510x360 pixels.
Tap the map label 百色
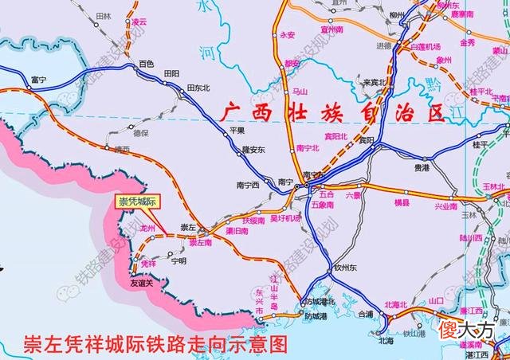146,63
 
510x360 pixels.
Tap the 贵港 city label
422,168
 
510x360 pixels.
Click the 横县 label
401,204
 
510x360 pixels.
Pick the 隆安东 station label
253,149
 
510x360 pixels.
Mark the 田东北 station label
198,88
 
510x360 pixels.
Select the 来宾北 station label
374,81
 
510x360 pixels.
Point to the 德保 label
140,133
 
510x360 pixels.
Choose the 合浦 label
365,315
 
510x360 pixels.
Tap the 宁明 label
178,260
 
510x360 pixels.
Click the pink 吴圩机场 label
285,218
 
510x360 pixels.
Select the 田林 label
103,16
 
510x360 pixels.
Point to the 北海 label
386,340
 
